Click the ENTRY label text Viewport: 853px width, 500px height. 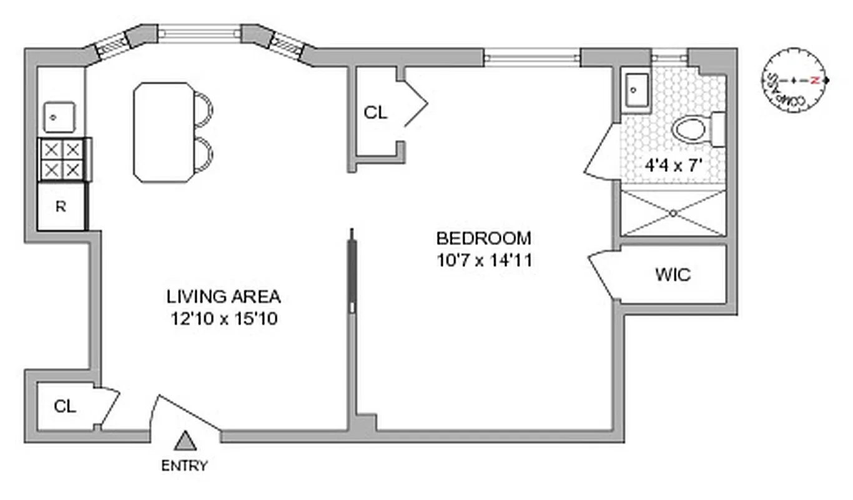(184, 466)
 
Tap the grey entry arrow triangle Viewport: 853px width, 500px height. (185, 441)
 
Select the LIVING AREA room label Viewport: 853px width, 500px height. (224, 296)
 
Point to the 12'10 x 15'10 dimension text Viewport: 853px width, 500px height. (224, 319)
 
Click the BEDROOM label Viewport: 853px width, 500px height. (483, 238)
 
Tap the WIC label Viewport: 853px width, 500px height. (673, 274)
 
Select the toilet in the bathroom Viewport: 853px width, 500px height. (694, 130)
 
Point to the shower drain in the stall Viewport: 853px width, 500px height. (674, 213)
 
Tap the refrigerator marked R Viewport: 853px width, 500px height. (61, 206)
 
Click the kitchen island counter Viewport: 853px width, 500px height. (162, 132)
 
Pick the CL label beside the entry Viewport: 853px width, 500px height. (65, 406)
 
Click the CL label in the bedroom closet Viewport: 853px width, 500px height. (375, 112)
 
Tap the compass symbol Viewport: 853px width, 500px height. (793, 81)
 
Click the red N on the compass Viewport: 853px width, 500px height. (814, 80)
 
